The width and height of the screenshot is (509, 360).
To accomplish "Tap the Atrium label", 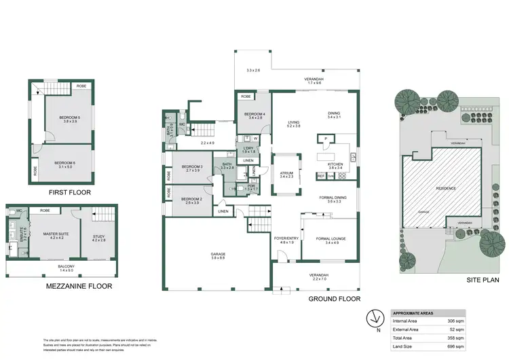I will (286, 173).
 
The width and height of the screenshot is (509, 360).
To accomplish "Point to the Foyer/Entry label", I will (286, 238).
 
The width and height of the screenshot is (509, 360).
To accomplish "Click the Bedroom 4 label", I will (253, 113).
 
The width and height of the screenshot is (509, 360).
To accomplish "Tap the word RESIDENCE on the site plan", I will (445, 188).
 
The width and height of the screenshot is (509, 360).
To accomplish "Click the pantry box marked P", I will (326, 139).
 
